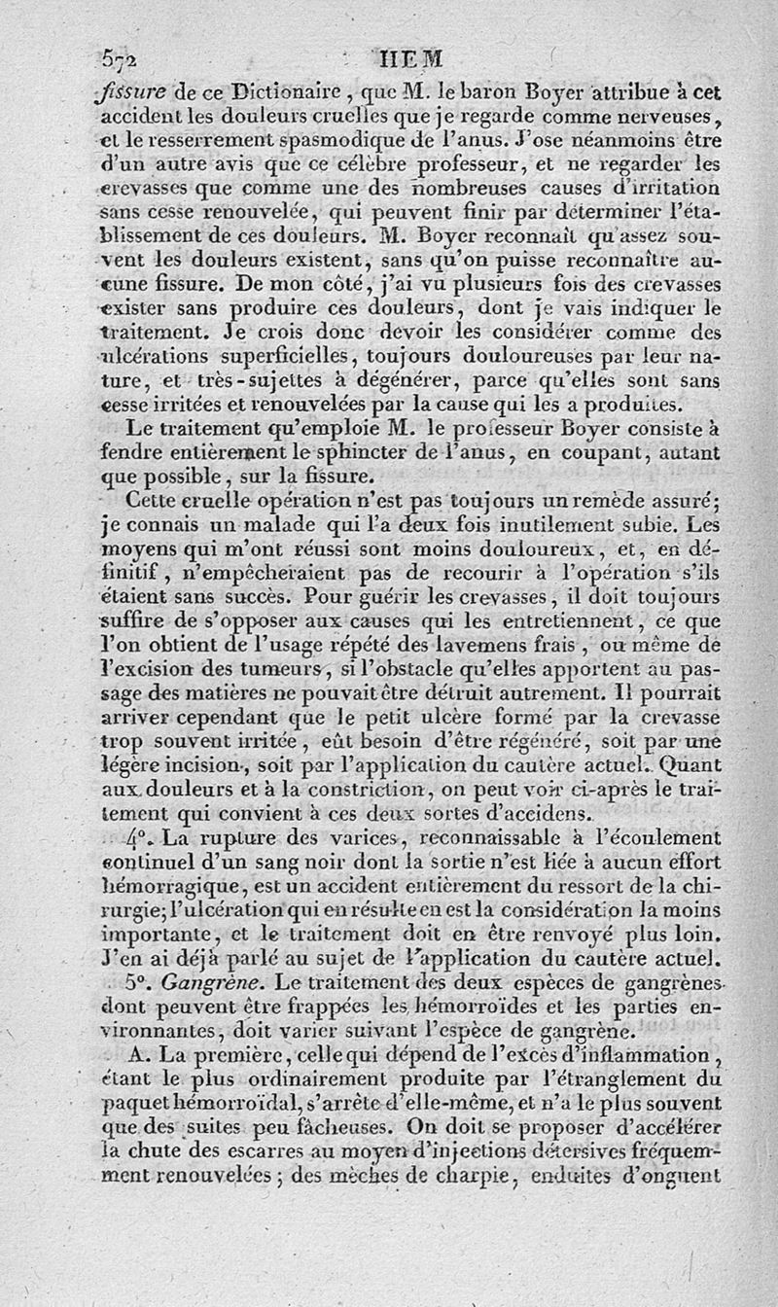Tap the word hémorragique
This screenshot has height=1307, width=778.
tap(164, 884)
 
